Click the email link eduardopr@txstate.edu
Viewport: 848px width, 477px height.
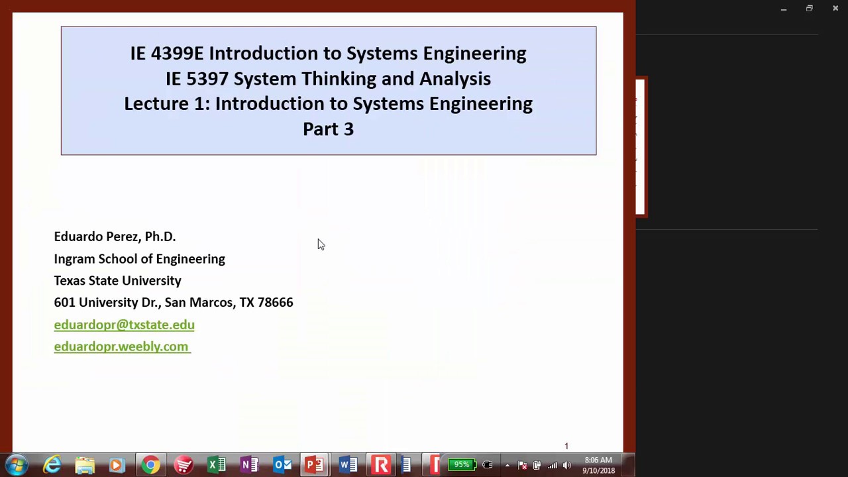[124, 325]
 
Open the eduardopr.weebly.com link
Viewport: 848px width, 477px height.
[121, 346]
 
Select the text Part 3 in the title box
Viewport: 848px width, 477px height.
[328, 129]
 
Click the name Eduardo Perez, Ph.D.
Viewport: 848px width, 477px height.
[115, 237]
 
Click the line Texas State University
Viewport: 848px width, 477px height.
[117, 281]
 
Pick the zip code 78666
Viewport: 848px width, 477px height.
[275, 303]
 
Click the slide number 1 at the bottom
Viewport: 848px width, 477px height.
[566, 446]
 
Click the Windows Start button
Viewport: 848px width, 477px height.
[17, 465]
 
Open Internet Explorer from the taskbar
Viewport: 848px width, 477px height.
[52, 465]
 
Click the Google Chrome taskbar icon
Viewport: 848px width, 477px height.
[150, 465]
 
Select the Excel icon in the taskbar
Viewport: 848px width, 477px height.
[217, 465]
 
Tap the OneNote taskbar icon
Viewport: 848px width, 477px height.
[250, 465]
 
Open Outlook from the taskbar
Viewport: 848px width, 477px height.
[283, 465]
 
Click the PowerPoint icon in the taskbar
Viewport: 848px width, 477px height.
[314, 465]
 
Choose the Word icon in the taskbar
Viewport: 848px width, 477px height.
[347, 465]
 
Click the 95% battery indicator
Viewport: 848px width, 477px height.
[462, 465]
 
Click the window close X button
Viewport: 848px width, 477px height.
[835, 9]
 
